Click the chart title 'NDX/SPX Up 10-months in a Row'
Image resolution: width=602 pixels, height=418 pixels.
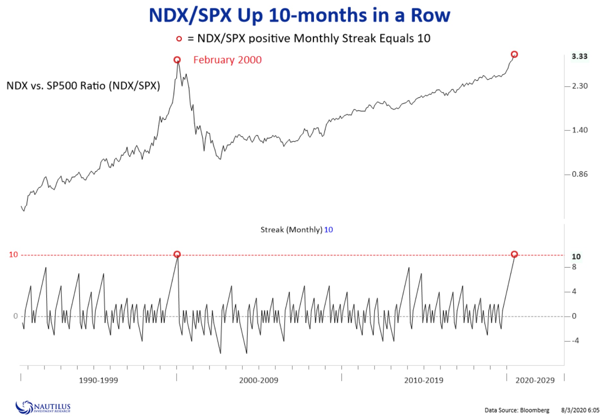click(299, 15)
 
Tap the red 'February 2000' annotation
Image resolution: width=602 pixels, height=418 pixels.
click(227, 60)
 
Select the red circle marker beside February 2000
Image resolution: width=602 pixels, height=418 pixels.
click(177, 60)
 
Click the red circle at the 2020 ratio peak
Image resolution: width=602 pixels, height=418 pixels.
click(514, 54)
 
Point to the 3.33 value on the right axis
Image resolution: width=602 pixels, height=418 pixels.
click(579, 57)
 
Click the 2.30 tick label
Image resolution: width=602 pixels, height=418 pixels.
click(579, 86)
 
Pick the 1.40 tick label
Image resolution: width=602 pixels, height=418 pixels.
click(579, 130)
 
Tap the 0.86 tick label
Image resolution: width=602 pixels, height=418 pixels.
click(579, 174)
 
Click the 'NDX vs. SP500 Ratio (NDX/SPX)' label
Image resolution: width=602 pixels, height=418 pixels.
click(83, 86)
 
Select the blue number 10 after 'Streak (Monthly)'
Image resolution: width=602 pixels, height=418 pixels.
click(328, 230)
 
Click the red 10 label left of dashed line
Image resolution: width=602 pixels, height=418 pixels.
click(13, 255)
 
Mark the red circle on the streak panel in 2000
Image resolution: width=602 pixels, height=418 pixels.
click(177, 254)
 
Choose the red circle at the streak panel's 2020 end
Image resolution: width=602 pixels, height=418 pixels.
click(514, 254)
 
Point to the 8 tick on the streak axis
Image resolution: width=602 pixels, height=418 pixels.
click(574, 267)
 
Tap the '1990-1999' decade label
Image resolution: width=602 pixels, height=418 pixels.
click(98, 380)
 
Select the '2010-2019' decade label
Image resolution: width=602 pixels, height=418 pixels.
click(424, 380)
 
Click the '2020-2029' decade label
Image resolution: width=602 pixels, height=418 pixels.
click(535, 380)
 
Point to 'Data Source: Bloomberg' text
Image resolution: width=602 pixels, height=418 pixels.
click(517, 410)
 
